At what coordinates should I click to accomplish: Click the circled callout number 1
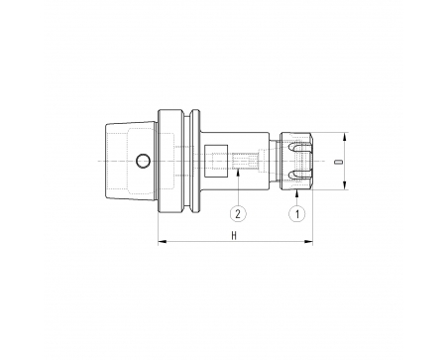(x=296, y=213)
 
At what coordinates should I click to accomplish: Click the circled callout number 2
(x=238, y=213)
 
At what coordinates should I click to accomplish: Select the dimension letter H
(x=234, y=236)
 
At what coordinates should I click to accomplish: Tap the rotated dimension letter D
(x=337, y=162)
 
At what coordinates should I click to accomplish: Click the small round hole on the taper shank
(x=143, y=161)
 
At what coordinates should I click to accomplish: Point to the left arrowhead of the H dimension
(x=162, y=242)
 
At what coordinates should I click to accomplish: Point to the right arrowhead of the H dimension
(x=308, y=242)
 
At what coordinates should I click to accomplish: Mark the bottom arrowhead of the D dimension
(x=345, y=185)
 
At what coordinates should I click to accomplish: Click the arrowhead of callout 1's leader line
(x=296, y=193)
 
